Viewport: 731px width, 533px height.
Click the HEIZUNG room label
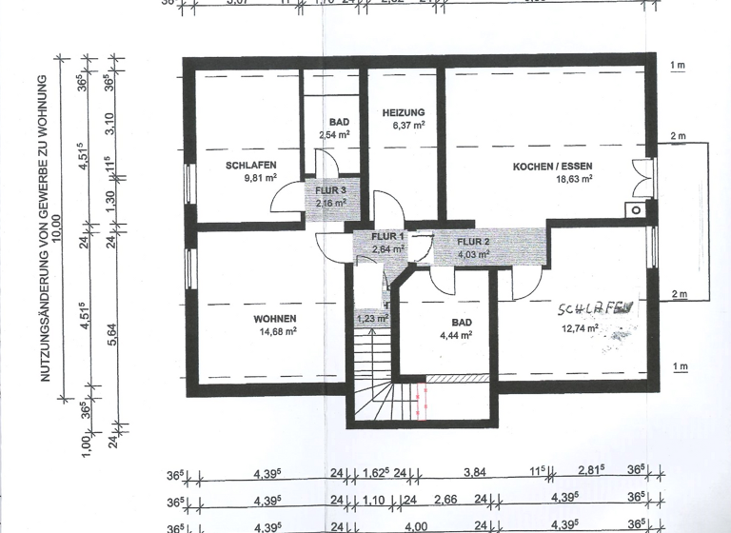pos(404,112)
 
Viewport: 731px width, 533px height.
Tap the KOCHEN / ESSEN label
pos(552,167)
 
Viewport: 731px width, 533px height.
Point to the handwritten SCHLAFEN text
pos(595,309)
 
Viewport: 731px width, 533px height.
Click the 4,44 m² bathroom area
pos(456,336)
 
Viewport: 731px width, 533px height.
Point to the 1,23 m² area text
pos(371,319)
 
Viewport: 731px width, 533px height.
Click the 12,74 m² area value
pos(579,329)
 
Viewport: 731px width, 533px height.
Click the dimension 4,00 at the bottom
pos(417,525)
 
